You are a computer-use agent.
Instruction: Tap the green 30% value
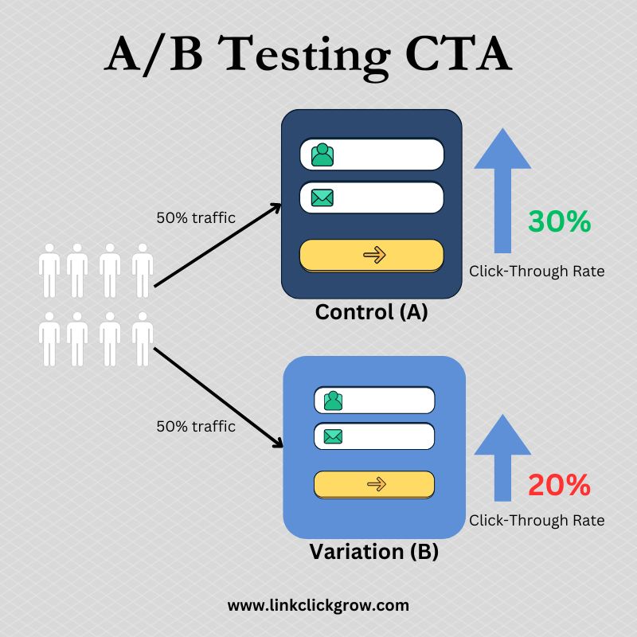pos(560,221)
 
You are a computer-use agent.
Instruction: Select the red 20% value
pos(560,485)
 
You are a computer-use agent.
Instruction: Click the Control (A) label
pos(371,312)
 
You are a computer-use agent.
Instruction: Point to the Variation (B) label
pos(373,552)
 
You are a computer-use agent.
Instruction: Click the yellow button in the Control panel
pos(372,256)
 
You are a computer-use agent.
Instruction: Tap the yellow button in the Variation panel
pos(374,485)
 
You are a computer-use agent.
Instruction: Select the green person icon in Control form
pos(322,154)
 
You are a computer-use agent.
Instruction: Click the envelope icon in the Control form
pos(322,197)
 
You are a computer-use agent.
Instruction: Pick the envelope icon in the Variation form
pos(333,436)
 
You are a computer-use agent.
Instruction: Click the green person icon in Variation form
pos(333,401)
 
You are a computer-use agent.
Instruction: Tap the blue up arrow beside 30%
pos(502,190)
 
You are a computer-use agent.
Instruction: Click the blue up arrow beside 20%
pos(502,458)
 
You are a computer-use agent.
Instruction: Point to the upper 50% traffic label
pos(196,217)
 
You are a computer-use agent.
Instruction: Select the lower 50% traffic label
pos(196,427)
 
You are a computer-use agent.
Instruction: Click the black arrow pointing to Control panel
pos(217,245)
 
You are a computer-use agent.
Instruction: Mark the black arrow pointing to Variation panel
pos(218,397)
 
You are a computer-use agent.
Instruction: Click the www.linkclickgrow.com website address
pos(318,606)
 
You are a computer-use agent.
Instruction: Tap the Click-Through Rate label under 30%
pos(537,272)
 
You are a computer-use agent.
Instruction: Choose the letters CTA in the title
pos(459,55)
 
